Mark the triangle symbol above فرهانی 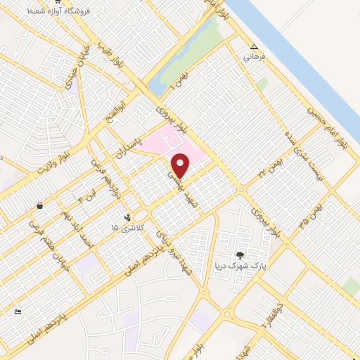(254, 47)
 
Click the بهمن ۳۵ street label (311, 215)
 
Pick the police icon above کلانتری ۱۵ (127, 218)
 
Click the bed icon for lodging (18, 311)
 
